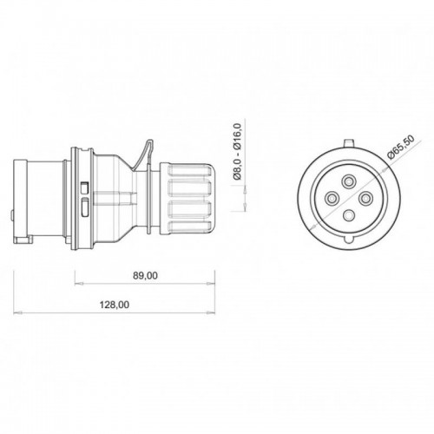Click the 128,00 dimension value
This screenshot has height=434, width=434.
tap(115, 305)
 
